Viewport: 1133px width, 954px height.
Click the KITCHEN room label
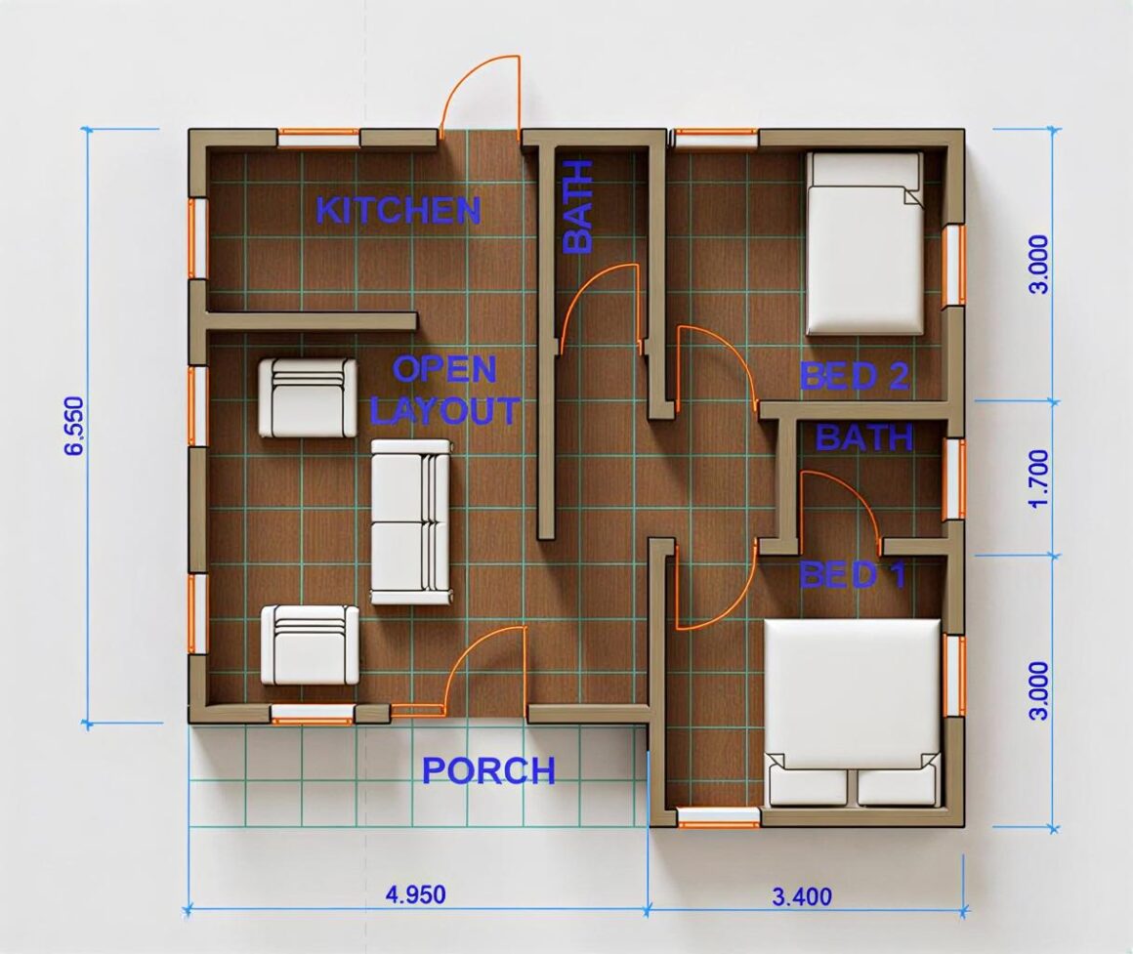point(399,210)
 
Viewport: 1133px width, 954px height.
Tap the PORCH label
point(488,770)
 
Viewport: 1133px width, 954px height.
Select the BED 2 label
point(854,376)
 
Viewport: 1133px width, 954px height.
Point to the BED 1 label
point(852,574)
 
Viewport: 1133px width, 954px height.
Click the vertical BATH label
point(577,207)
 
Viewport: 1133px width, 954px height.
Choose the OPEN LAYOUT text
point(444,390)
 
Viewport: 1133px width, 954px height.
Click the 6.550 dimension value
point(74,426)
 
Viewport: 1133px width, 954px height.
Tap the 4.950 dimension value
point(415,894)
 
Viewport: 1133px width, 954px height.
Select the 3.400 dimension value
point(801,897)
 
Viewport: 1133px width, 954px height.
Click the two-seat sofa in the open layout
point(410,522)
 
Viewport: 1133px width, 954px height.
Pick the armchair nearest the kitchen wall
point(308,397)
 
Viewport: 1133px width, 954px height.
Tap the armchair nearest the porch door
point(310,644)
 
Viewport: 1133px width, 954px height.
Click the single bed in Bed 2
point(865,243)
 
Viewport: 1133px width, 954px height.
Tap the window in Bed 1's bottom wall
point(720,817)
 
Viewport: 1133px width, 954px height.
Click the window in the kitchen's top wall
point(318,138)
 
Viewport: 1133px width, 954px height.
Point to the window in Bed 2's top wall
point(716,138)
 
